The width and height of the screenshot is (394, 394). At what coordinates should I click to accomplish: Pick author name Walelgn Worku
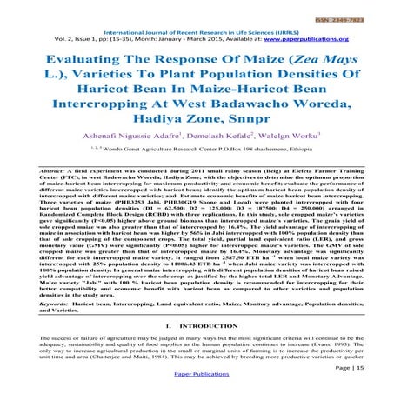(294, 149)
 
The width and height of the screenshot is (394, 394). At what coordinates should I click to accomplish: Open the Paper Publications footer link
(197, 384)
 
